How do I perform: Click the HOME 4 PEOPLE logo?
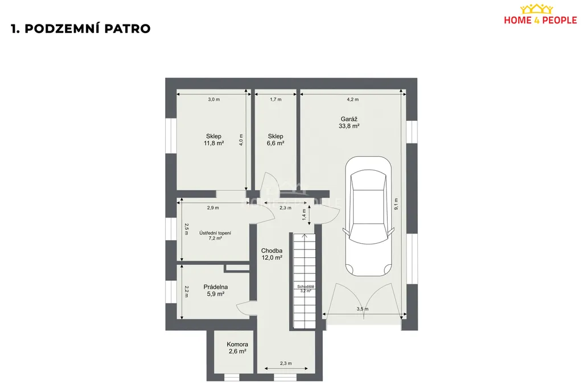(x=540, y=14)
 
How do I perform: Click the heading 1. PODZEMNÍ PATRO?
(x=81, y=28)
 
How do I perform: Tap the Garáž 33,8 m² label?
(x=349, y=122)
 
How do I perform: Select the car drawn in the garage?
(x=368, y=216)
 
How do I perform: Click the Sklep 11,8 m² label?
(x=214, y=140)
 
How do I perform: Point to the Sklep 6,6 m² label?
(x=276, y=140)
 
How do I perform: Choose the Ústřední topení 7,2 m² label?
(x=215, y=235)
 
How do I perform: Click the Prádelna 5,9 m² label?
(x=216, y=290)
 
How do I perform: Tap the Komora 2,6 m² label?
(x=237, y=348)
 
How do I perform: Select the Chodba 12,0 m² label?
(x=272, y=254)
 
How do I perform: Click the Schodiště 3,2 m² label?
(x=306, y=289)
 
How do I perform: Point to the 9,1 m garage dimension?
(x=396, y=204)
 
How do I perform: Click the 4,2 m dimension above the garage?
(x=353, y=99)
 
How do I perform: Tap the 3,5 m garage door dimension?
(x=363, y=309)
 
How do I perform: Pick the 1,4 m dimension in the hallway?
(x=304, y=215)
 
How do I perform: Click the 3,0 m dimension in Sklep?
(x=214, y=99)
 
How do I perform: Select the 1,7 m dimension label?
(x=276, y=99)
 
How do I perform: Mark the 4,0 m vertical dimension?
(x=241, y=140)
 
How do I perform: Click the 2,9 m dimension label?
(x=213, y=208)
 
